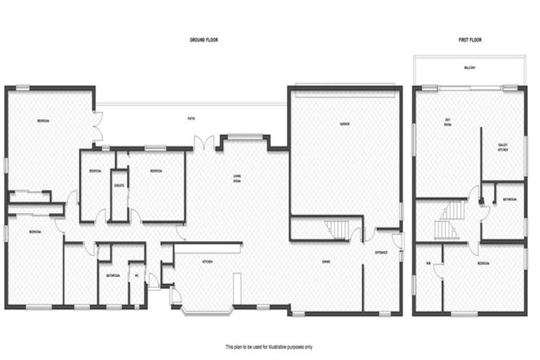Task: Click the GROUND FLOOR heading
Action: (x=204, y=41)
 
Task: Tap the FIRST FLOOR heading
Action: (x=469, y=41)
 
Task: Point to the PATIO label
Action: (x=191, y=118)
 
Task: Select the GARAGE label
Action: (x=345, y=124)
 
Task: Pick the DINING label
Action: (x=326, y=262)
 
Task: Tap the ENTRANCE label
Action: (x=381, y=252)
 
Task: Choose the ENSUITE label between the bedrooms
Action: (x=120, y=186)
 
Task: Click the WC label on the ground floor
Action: (x=137, y=275)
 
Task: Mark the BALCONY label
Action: (x=469, y=68)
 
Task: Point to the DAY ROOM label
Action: (x=447, y=124)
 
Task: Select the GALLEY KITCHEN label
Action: (x=503, y=147)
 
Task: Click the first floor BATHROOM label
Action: (x=510, y=200)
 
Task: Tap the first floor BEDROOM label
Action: (x=483, y=263)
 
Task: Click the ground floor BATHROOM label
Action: (x=111, y=275)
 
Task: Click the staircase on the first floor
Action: (x=448, y=219)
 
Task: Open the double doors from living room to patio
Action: (x=205, y=142)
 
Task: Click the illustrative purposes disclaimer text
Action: (x=269, y=347)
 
